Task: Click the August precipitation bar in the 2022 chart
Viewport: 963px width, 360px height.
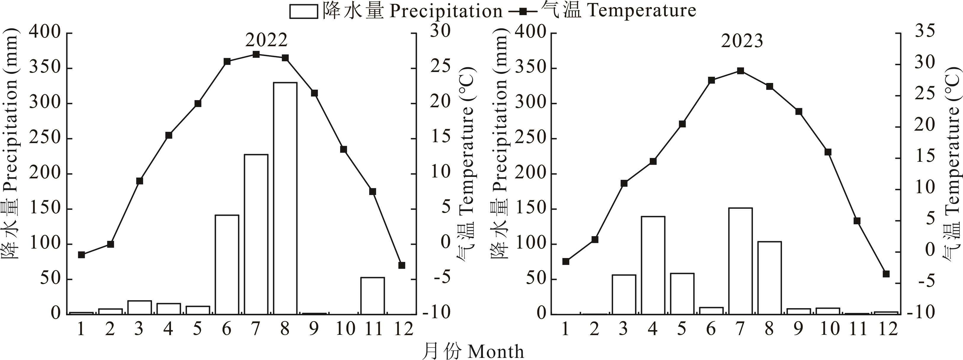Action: (x=285, y=198)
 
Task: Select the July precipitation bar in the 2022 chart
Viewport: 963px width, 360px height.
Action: (x=256, y=234)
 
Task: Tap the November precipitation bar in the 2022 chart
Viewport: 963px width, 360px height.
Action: (x=372, y=296)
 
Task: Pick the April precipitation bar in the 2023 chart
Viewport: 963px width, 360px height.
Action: (x=653, y=265)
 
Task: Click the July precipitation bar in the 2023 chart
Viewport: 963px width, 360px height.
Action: (x=740, y=261)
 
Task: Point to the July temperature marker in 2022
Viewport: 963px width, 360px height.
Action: (x=256, y=55)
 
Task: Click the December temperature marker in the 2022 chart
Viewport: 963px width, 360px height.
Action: (x=402, y=265)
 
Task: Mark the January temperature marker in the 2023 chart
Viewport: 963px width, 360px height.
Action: (x=566, y=261)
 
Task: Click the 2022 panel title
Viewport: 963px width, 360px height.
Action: (x=267, y=40)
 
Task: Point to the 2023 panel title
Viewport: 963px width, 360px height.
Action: (x=742, y=41)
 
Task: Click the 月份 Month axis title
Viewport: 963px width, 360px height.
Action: (x=473, y=351)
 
